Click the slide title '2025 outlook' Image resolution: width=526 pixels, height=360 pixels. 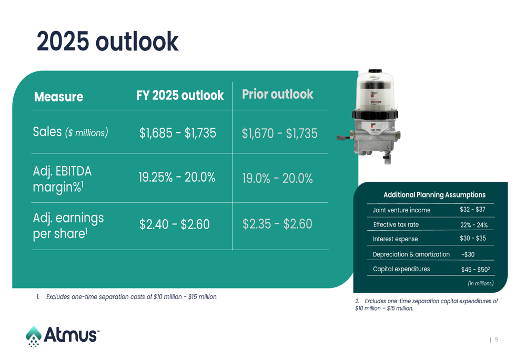click(x=107, y=41)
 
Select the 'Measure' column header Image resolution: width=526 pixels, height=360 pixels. click(x=59, y=97)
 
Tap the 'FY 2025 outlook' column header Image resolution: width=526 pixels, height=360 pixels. click(x=180, y=95)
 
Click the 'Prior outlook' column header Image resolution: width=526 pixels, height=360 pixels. click(x=278, y=94)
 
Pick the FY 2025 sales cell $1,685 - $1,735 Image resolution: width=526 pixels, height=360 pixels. click(x=178, y=133)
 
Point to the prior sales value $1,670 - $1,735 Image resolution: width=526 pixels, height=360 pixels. click(x=279, y=133)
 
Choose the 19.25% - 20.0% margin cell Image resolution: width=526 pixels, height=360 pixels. click(x=177, y=177)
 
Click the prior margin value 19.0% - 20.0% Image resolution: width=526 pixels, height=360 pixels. click(x=277, y=178)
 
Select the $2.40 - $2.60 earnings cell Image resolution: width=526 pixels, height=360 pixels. click(x=175, y=224)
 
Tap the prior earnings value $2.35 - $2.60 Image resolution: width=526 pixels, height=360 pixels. click(x=277, y=224)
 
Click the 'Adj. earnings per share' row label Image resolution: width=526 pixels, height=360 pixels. click(x=68, y=226)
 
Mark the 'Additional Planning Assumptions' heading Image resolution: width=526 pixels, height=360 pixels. click(x=434, y=195)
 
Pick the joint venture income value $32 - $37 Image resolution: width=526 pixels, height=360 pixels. click(x=473, y=210)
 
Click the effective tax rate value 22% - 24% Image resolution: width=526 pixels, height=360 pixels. click(x=474, y=225)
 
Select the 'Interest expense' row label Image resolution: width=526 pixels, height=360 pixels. click(x=395, y=239)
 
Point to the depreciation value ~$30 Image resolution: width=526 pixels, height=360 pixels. click(x=468, y=254)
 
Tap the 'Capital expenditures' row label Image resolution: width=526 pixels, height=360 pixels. click(x=401, y=269)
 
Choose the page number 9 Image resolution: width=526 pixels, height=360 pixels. click(x=497, y=340)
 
